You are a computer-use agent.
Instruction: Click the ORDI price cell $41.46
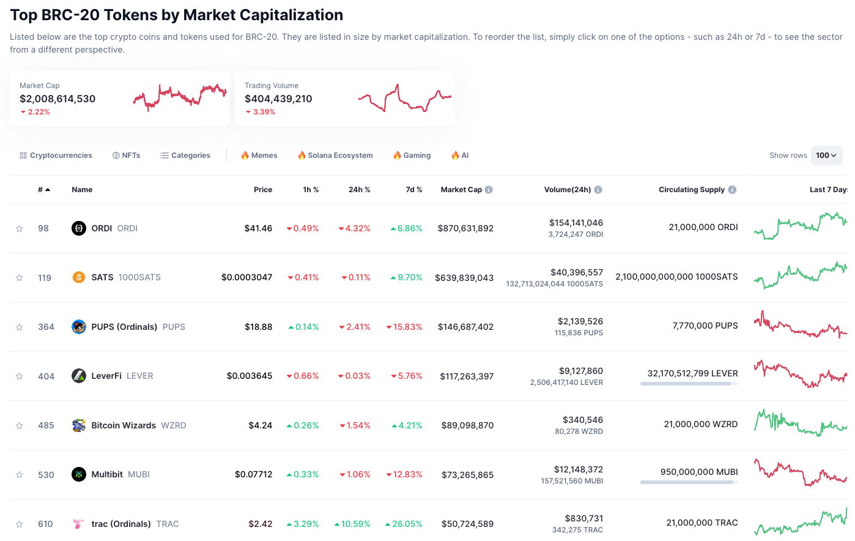tap(258, 228)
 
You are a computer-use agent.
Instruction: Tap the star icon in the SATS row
tap(20, 278)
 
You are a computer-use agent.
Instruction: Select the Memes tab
tap(259, 155)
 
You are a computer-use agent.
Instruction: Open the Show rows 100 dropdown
tap(826, 155)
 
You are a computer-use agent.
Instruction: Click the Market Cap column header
tap(461, 190)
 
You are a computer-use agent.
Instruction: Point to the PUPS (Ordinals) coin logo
tap(79, 327)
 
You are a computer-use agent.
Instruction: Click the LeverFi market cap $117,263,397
tap(467, 376)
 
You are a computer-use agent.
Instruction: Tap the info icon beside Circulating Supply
tap(732, 190)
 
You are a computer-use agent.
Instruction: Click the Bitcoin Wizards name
tap(124, 425)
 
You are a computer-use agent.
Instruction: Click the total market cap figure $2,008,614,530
tap(57, 99)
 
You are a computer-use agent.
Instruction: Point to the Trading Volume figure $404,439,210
tap(278, 99)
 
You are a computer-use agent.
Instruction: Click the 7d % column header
tap(414, 190)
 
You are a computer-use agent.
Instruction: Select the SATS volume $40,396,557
tap(577, 272)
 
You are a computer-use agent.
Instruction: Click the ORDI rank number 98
tap(43, 228)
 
